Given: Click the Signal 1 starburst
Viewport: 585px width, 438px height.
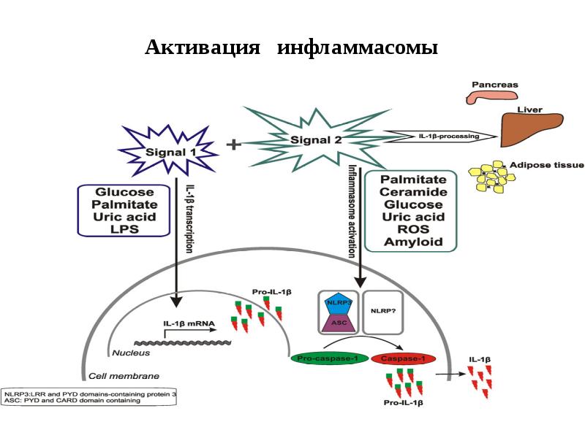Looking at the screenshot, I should (x=170, y=151).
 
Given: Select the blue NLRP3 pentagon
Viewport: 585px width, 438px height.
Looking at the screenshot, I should (x=336, y=301).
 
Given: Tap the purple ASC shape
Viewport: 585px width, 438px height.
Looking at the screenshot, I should (x=336, y=321).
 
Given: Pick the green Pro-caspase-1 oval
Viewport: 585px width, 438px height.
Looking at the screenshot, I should (x=326, y=358).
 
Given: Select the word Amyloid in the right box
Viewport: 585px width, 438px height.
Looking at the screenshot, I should (x=413, y=242).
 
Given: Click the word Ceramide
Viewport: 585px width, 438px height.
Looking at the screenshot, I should (x=413, y=192).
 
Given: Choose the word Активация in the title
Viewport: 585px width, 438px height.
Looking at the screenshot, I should (x=203, y=48).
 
